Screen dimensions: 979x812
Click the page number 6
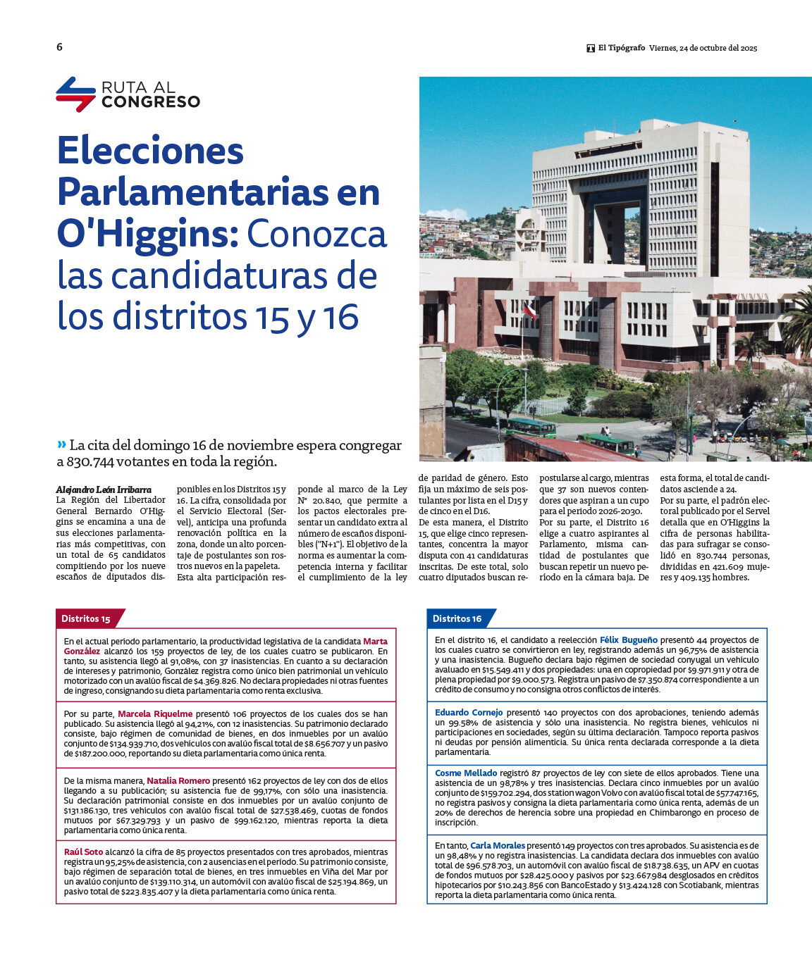point(59,47)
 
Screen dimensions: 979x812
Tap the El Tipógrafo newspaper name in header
point(621,48)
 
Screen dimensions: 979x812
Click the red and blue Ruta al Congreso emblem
point(75,94)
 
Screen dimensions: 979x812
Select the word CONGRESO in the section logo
point(150,101)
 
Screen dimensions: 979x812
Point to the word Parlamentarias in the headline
point(192,192)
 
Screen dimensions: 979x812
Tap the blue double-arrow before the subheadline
point(61,444)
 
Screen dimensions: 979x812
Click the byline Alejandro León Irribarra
point(104,489)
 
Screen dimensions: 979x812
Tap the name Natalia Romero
point(178,780)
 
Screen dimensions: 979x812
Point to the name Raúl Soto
point(84,852)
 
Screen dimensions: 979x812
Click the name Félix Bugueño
point(628,640)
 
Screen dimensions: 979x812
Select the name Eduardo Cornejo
point(469,712)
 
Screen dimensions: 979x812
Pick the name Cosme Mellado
point(466,773)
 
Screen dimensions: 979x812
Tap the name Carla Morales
point(498,845)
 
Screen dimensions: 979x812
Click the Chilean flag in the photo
point(529,310)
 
